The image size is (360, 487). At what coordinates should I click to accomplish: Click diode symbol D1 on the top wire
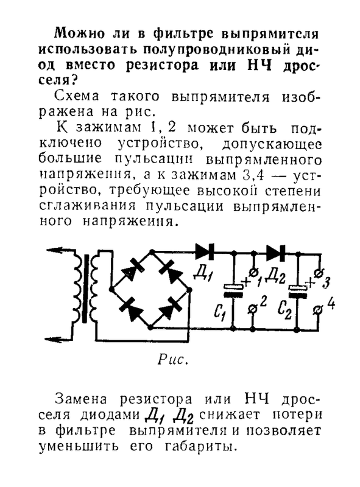coord(205,251)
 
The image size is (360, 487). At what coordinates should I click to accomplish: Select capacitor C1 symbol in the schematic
coord(233,290)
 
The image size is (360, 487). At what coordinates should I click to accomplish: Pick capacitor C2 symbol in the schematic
coord(297,292)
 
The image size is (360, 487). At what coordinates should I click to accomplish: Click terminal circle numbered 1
coord(253,272)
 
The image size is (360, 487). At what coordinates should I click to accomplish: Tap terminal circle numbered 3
coord(318,273)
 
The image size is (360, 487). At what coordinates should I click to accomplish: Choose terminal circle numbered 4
coord(318,310)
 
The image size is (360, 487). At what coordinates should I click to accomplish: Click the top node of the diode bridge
coord(152,251)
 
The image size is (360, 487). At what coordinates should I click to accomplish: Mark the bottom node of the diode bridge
coord(150,327)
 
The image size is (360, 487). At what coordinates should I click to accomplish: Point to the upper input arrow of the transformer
coord(60,250)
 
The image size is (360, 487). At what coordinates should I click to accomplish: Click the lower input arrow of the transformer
coord(59,338)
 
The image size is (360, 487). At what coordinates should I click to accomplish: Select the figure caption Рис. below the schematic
coord(173,360)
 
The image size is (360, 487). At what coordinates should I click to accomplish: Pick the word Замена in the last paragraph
coord(81,399)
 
